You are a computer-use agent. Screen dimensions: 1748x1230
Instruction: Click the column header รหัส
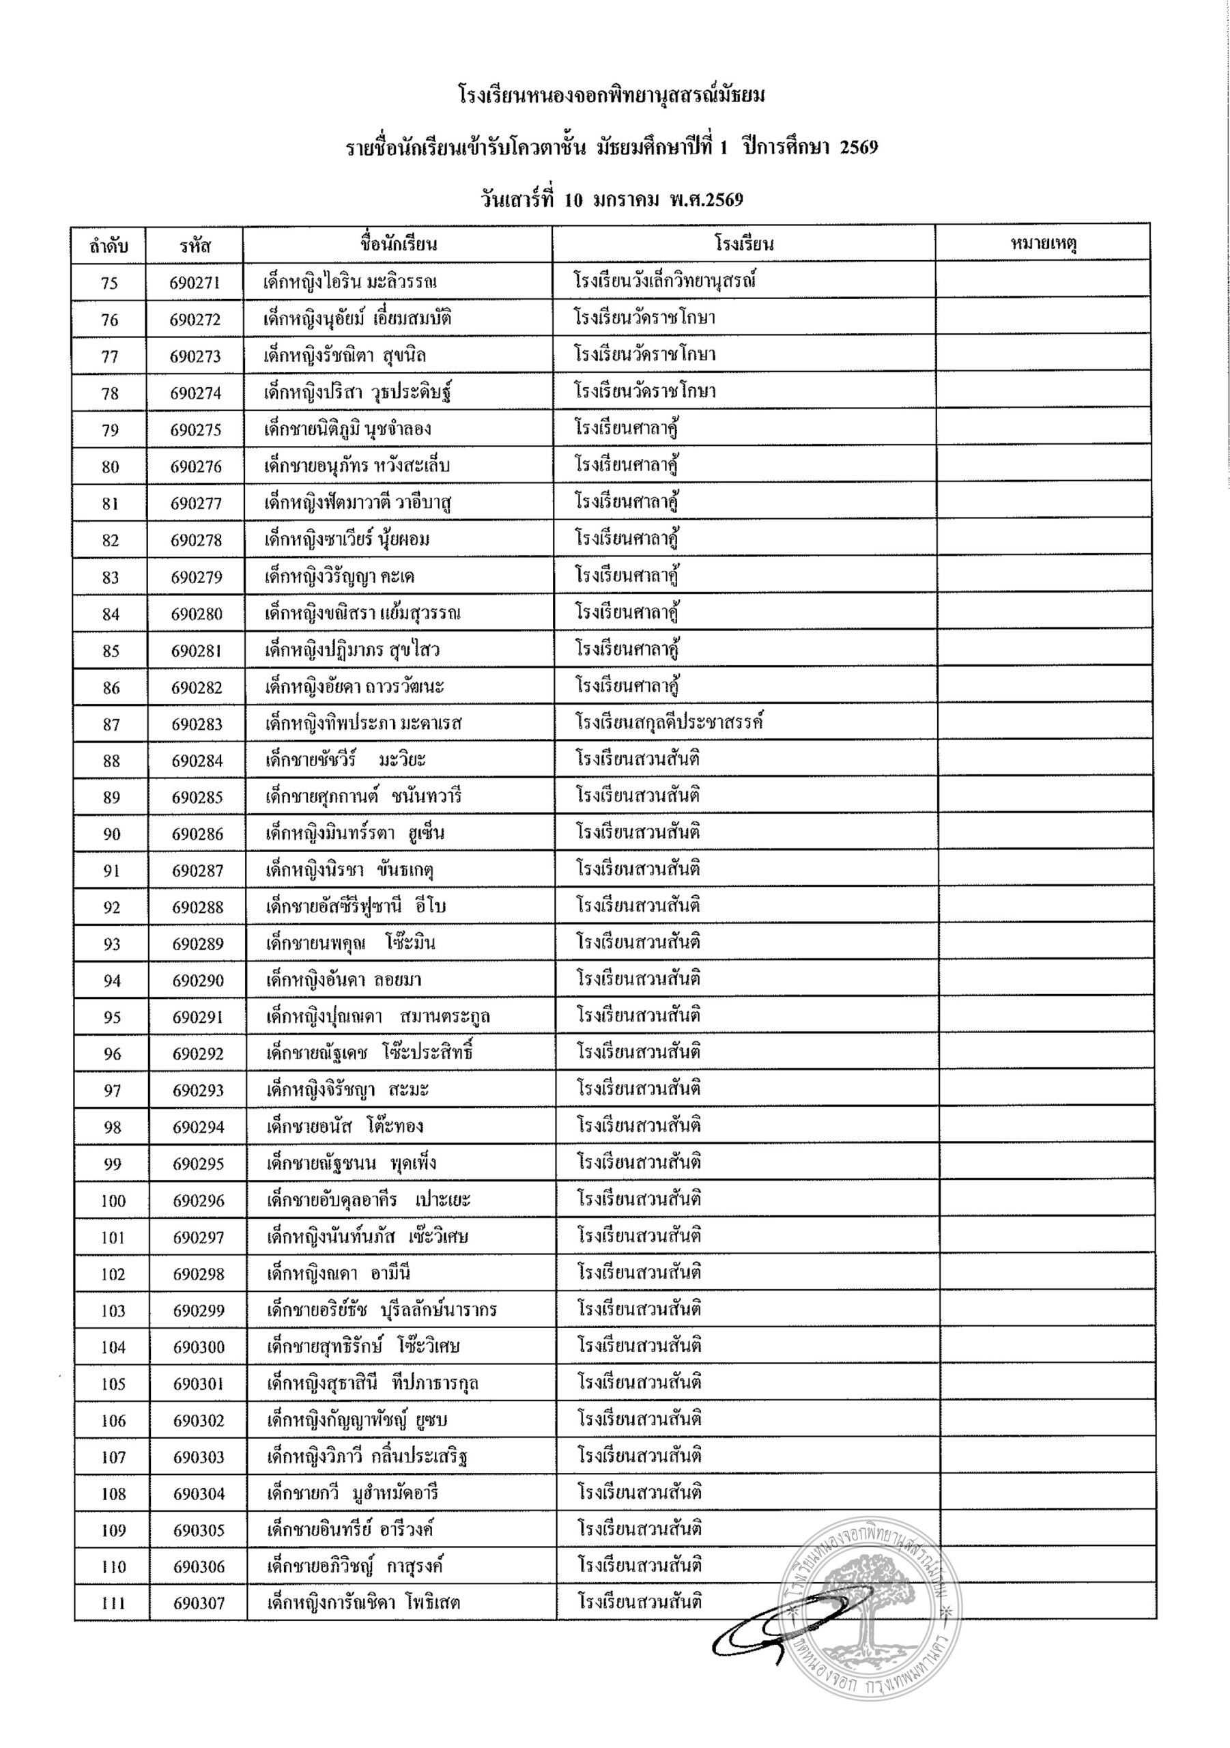coord(196,245)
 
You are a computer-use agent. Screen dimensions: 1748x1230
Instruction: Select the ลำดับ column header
coord(109,246)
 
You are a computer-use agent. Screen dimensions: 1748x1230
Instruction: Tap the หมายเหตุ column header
coord(1043,244)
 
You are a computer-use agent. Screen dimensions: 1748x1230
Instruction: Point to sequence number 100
coord(113,1200)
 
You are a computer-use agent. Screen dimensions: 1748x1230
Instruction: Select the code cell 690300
coord(199,1347)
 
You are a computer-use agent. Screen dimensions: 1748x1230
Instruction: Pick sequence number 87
coord(111,724)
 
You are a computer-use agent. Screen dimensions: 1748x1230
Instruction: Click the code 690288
coord(198,907)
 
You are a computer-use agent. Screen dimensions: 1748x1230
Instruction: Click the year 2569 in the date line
coord(719,199)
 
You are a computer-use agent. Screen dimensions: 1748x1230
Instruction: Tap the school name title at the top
coord(613,96)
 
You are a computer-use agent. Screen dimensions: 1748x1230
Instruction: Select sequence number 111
coord(113,1603)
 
